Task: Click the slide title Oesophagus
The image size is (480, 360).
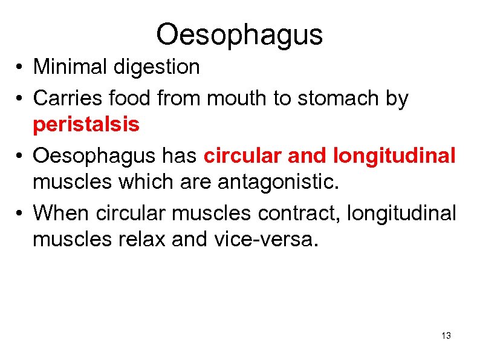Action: [x=239, y=34]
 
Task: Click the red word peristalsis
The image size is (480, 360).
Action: [x=86, y=125]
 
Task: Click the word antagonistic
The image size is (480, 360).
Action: [x=283, y=183]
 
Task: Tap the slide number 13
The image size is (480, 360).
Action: [x=446, y=336]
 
